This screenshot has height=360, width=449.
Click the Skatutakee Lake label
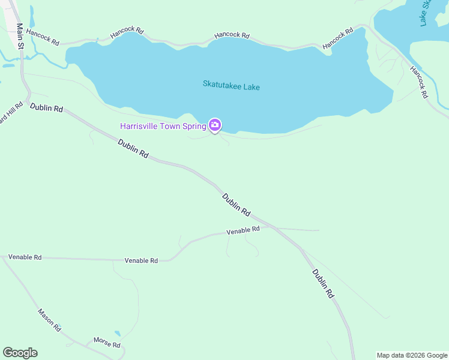(x=231, y=86)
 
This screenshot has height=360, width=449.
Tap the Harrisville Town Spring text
(x=163, y=126)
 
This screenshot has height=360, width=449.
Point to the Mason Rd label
(x=49, y=320)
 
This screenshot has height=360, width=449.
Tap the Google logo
(x=20, y=353)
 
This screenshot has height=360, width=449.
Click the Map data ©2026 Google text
(x=412, y=355)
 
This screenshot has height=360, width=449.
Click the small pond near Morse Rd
(x=117, y=333)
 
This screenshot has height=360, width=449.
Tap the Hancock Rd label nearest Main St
(x=43, y=38)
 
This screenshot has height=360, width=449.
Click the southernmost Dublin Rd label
(x=323, y=283)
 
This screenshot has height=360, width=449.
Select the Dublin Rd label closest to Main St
(x=46, y=107)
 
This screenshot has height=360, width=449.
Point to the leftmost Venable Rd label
(x=25, y=257)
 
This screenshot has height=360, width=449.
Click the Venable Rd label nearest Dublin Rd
(x=243, y=230)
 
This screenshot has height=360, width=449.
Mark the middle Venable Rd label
(x=141, y=260)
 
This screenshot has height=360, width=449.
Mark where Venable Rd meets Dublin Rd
(x=271, y=227)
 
